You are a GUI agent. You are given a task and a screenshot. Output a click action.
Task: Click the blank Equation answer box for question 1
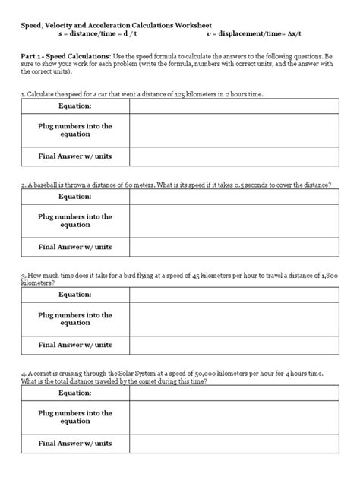coord(233,106)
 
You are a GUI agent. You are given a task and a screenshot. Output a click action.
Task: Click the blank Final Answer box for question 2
coord(233,247)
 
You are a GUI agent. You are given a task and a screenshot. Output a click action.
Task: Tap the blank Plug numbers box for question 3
coord(233,319)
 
